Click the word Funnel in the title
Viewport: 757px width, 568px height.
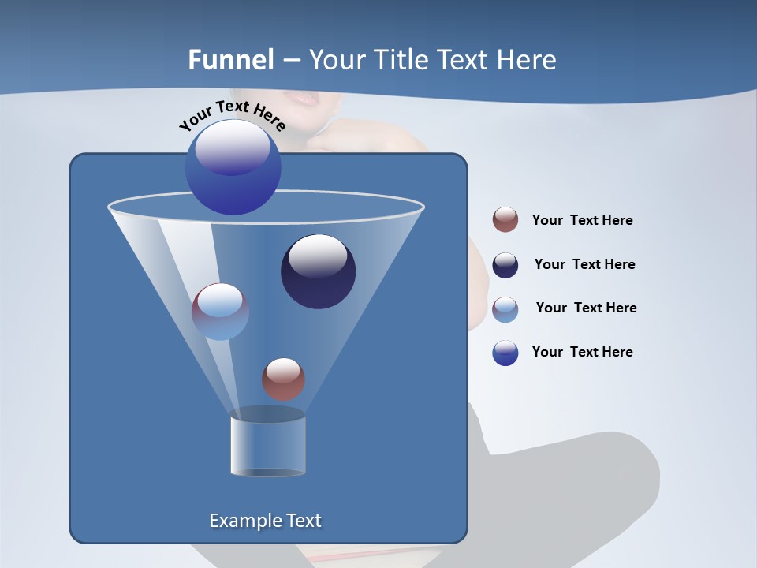pyautogui.click(x=230, y=60)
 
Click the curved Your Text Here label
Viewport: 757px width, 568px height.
pyautogui.click(x=232, y=114)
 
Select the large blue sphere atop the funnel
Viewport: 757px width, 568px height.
pyautogui.click(x=233, y=166)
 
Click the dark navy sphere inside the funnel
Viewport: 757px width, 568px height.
pyautogui.click(x=318, y=271)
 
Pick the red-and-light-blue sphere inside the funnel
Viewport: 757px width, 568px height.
pyautogui.click(x=220, y=312)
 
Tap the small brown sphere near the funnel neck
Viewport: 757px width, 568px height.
pyautogui.click(x=283, y=379)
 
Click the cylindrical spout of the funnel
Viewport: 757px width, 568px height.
pyautogui.click(x=267, y=444)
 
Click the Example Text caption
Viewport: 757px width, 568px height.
pyautogui.click(x=265, y=521)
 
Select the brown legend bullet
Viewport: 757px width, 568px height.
pyautogui.click(x=505, y=220)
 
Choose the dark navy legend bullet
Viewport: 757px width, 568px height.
pyautogui.click(x=505, y=265)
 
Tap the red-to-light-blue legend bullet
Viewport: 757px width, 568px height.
pyautogui.click(x=505, y=309)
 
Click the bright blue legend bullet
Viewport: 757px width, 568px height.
pyautogui.click(x=505, y=353)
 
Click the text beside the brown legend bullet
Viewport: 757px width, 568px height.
pyautogui.click(x=582, y=221)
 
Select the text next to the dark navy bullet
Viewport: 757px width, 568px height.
pyautogui.click(x=584, y=265)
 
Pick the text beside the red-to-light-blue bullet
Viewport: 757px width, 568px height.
pyautogui.click(x=586, y=308)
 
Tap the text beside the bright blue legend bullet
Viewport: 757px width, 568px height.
pyautogui.click(x=582, y=353)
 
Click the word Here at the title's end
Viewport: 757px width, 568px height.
pyautogui.click(x=528, y=60)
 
